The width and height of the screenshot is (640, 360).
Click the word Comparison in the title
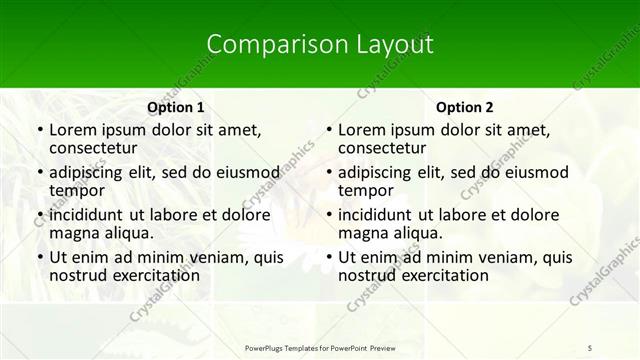(x=266, y=44)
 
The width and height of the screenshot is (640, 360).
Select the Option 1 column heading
(x=176, y=107)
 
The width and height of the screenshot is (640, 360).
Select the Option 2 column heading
(x=465, y=107)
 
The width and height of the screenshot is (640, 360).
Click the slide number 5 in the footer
(x=590, y=347)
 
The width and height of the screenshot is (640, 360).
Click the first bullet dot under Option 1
(x=39, y=131)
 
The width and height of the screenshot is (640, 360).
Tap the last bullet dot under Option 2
(x=328, y=258)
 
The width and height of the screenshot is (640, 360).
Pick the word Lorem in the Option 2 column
(x=362, y=130)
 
